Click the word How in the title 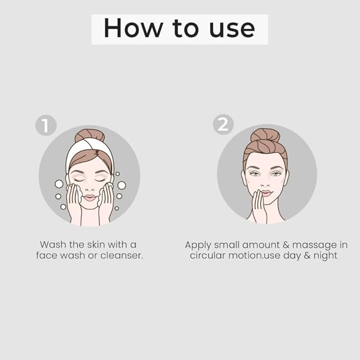(x=133, y=28)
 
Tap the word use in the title (x=232, y=29)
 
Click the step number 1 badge (x=46, y=125)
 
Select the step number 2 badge (x=223, y=125)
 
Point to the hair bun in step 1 (x=90, y=135)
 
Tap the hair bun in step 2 (x=265, y=135)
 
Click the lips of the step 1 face (x=90, y=197)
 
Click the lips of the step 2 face (x=266, y=194)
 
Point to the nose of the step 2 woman (x=266, y=182)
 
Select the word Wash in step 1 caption (x=53, y=244)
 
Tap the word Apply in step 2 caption (x=198, y=245)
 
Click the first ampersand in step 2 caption (x=286, y=245)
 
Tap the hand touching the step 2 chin (x=259, y=207)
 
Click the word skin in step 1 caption (x=96, y=244)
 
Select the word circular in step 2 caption (x=207, y=256)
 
